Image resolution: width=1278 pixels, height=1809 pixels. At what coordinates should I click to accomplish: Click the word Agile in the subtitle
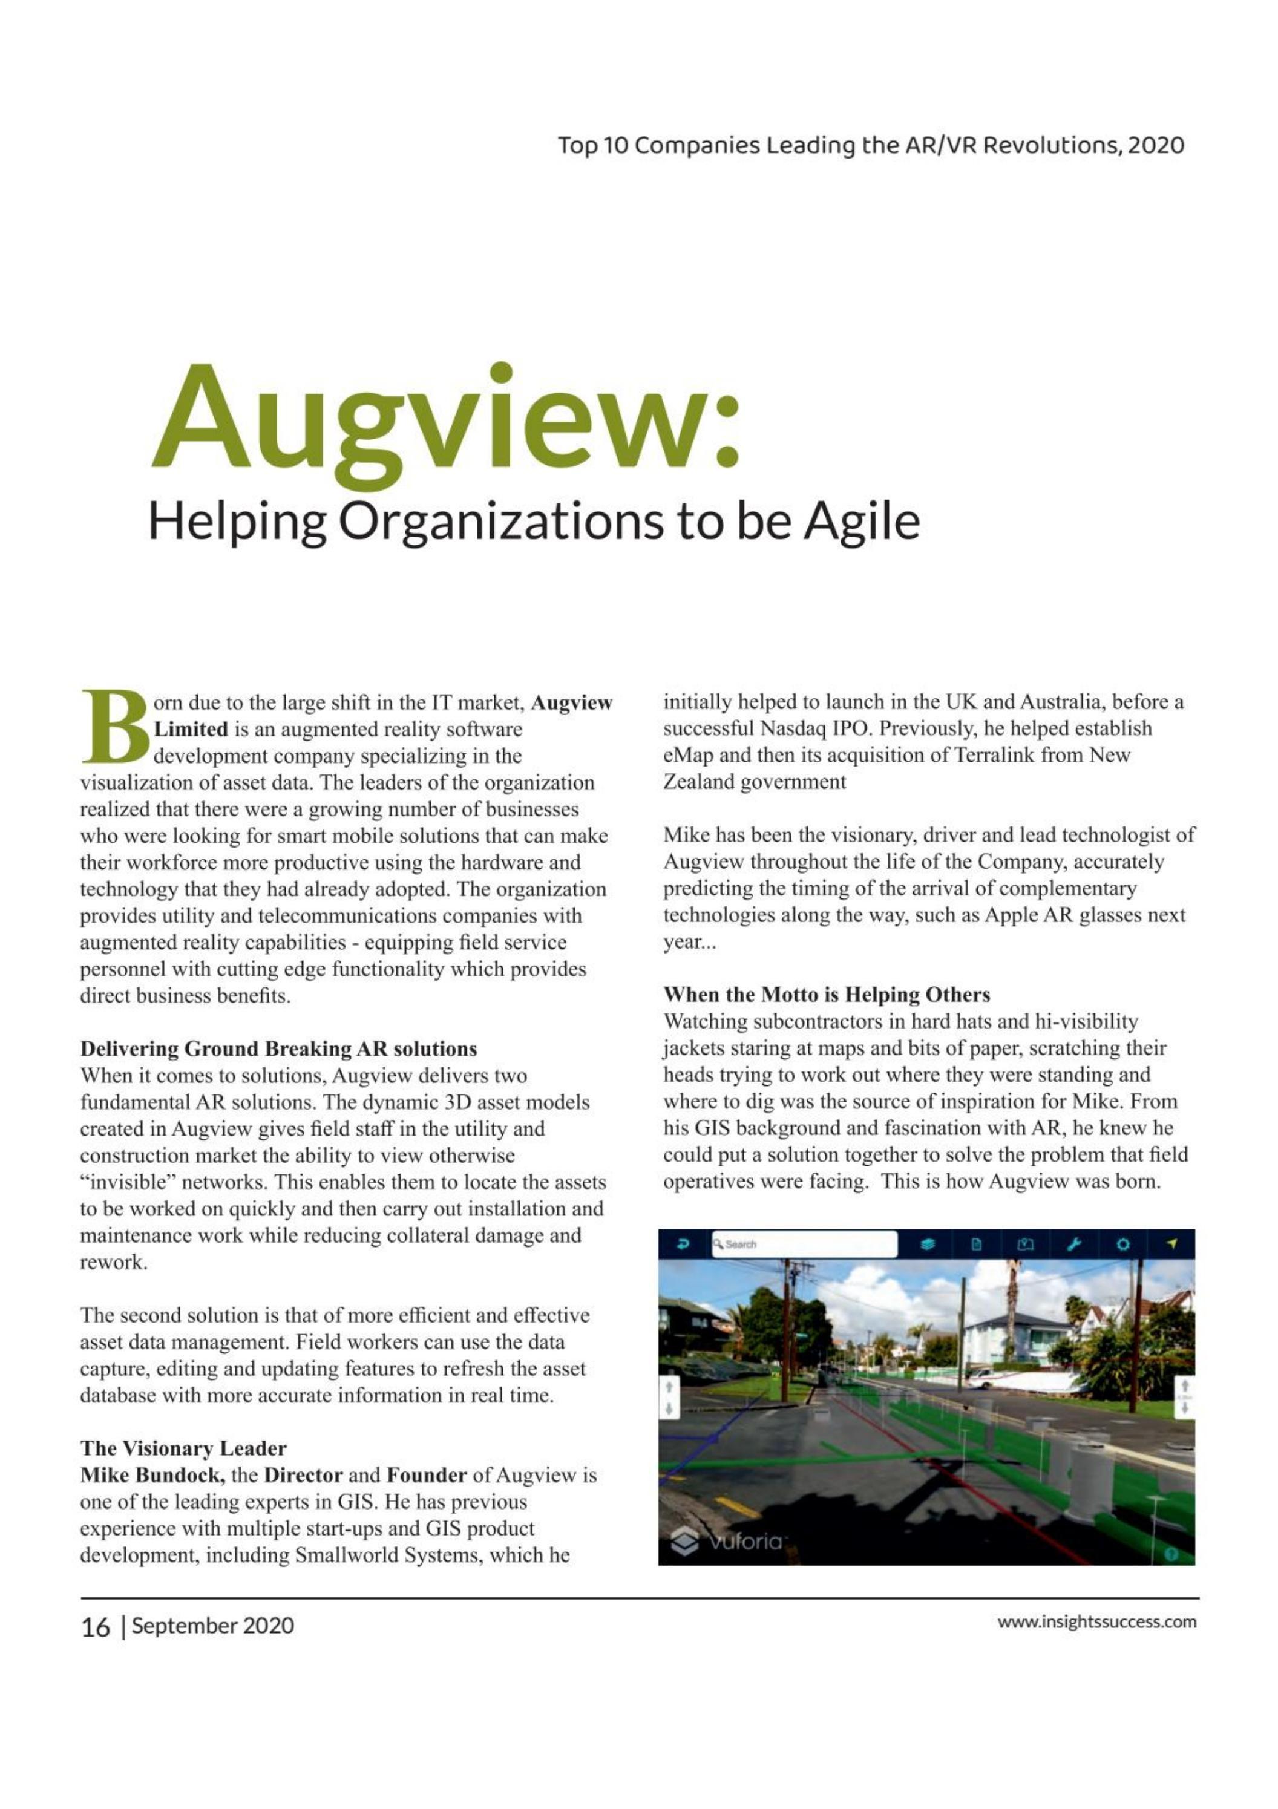[861, 522]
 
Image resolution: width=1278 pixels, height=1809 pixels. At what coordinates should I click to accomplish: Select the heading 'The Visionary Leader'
[183, 1448]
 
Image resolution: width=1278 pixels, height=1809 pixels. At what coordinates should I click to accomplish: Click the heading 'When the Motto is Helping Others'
[827, 994]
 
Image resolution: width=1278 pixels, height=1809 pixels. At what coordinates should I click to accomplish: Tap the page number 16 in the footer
[96, 1626]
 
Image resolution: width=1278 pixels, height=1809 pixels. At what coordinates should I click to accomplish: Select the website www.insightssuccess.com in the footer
[1097, 1622]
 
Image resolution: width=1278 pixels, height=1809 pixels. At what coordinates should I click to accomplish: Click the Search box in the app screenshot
[804, 1244]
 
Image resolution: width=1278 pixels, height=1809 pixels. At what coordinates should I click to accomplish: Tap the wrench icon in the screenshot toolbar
[1073, 1244]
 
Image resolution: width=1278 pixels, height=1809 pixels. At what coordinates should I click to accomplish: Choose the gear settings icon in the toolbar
[1122, 1244]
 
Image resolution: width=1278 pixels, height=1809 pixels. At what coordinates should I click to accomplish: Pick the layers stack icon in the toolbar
[928, 1244]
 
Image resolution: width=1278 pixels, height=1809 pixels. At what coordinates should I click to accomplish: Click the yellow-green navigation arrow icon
[1171, 1244]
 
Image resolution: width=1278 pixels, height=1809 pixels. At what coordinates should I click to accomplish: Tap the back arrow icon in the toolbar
[683, 1244]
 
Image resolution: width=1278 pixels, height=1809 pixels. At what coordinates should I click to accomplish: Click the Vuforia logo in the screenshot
[727, 1542]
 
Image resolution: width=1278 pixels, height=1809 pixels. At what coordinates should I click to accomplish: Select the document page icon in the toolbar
[976, 1244]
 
